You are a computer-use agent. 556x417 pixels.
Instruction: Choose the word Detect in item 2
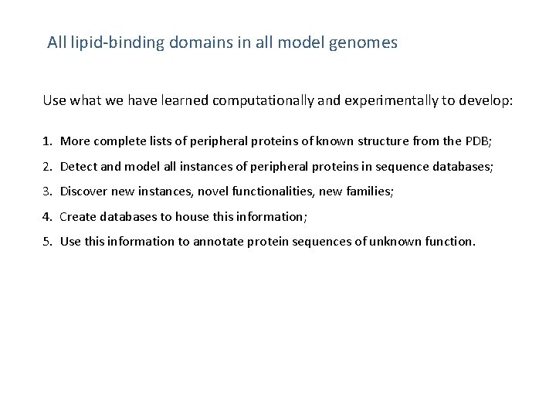click(77, 166)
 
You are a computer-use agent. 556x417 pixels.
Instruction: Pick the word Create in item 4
click(78, 216)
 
